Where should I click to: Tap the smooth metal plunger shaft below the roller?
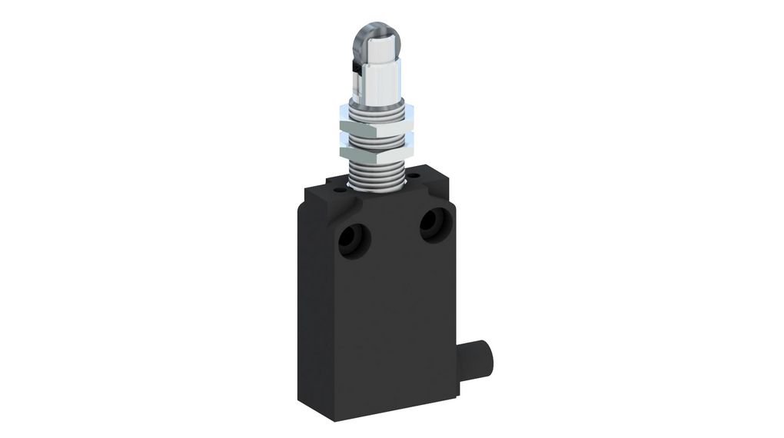pos(376,77)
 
